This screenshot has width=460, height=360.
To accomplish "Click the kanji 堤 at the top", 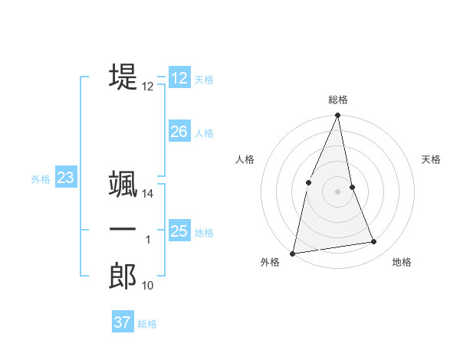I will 123,77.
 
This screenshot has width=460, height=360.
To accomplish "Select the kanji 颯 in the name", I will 123,184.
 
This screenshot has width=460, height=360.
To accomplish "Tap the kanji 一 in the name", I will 123,230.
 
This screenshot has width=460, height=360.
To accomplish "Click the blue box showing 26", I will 179,132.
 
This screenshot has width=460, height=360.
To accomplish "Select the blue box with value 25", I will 179,231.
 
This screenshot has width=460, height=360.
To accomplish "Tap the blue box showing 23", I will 65,178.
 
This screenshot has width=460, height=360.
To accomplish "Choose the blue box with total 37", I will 123,322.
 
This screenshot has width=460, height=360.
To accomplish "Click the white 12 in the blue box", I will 179,77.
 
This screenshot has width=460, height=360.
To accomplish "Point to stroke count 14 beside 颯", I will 148,195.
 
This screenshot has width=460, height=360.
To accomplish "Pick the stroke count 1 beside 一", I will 148,241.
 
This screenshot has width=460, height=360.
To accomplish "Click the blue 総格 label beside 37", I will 147,324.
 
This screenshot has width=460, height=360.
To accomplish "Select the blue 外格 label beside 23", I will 41,179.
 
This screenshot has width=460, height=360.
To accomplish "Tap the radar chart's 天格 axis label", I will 432,159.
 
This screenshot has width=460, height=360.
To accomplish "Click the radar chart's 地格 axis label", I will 402,262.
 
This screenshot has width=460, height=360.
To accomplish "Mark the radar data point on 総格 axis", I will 337,116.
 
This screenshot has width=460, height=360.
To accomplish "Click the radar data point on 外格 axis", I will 293,253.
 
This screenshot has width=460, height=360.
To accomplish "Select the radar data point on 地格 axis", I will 374,242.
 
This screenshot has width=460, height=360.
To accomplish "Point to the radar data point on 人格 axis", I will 308,182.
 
